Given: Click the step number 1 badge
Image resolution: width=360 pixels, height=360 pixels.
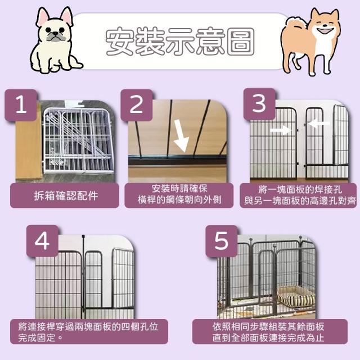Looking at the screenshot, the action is coord(21,105).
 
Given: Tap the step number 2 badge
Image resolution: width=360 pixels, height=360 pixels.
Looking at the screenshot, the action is coord(137,105).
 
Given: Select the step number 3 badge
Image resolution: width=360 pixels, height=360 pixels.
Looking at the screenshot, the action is coord(259,104).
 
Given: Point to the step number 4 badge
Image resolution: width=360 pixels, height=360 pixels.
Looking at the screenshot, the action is coord(43,241).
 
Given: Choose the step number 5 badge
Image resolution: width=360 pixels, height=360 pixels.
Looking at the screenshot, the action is coord(221,241).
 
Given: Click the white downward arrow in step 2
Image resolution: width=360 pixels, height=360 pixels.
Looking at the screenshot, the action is coord(181,136).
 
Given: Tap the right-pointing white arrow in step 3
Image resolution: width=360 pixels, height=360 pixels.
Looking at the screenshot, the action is coord(281,130).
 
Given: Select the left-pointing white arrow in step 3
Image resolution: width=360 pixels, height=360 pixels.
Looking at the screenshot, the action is coord(318,124).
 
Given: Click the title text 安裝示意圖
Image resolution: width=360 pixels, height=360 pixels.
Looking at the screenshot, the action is coord(180,41).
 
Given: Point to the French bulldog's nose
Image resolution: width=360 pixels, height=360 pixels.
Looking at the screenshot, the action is coord(55,34).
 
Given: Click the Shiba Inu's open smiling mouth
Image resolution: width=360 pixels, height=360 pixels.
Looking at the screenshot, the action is coord(326,31).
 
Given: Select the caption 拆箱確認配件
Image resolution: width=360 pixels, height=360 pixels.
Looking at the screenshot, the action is coord(66,196).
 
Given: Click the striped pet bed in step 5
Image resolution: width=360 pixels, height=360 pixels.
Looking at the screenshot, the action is coord(296,297).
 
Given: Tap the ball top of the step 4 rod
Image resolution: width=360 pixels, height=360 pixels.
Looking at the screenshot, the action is coord(83,236).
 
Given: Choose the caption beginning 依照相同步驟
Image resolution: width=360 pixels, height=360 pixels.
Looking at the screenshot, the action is coord(268,332).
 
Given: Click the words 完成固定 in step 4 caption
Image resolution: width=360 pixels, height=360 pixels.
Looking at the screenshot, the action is coord(37,337).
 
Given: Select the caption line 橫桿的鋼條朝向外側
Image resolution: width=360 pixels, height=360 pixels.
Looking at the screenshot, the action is coord(179,200).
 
